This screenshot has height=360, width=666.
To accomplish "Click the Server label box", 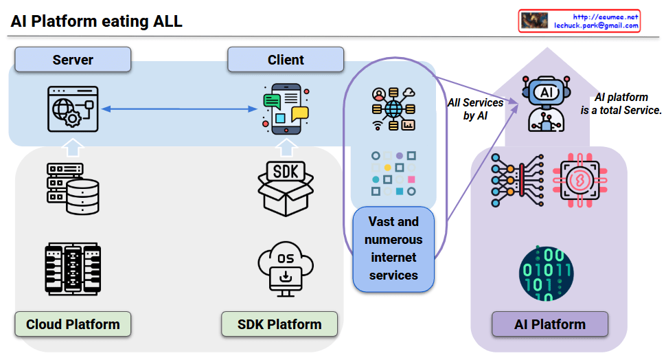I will click(x=73, y=60).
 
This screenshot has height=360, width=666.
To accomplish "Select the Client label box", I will click(x=286, y=60).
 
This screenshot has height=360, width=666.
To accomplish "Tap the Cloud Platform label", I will click(x=73, y=324).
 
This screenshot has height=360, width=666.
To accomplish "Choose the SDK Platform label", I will click(x=279, y=324).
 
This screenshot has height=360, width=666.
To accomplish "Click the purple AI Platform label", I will click(x=550, y=324).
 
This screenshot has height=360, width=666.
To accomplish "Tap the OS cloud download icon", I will click(x=286, y=266).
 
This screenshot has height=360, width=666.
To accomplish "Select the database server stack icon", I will click(x=73, y=187).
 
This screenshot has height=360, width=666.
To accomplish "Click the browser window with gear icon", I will click(x=73, y=108).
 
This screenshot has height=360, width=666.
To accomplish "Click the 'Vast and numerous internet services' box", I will click(x=393, y=249).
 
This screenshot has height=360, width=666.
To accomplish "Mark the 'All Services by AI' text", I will click(x=475, y=109).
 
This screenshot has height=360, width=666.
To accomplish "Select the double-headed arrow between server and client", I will click(x=178, y=108).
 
